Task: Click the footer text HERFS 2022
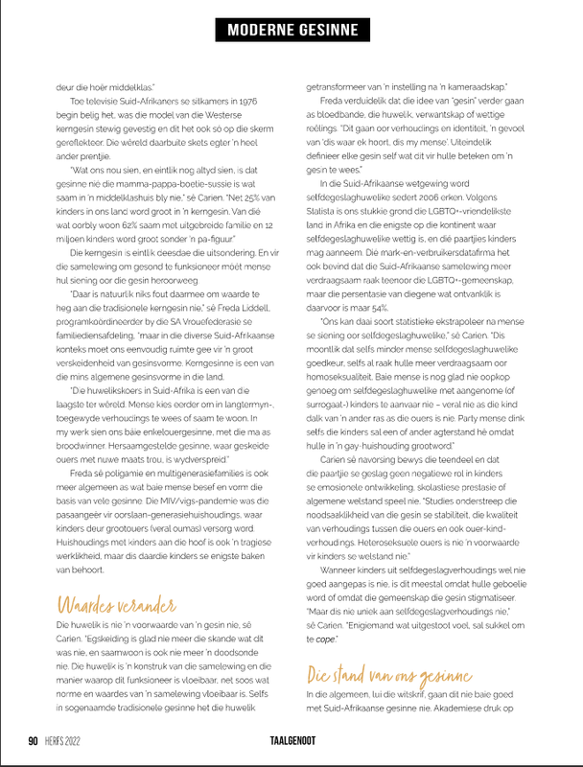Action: [x=64, y=741]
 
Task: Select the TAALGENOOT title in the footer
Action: [x=291, y=741]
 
